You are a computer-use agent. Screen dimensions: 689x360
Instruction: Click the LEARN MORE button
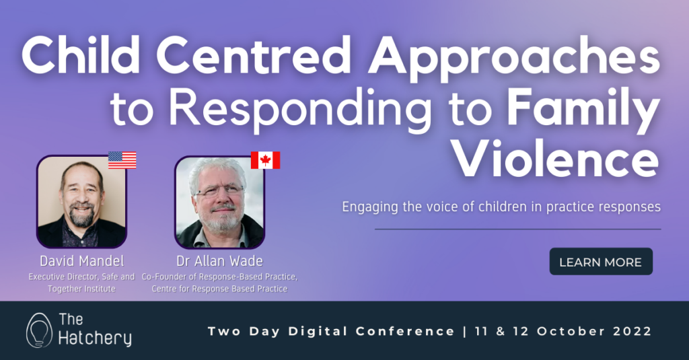tap(601, 262)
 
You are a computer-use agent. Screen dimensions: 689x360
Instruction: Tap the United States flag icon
tap(122, 160)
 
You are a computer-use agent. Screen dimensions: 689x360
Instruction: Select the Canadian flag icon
tap(265, 160)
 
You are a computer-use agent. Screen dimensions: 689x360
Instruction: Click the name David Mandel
tap(81, 261)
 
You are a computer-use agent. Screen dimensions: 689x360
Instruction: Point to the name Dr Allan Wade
tap(219, 261)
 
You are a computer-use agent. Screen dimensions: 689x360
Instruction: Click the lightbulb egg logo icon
tap(38, 330)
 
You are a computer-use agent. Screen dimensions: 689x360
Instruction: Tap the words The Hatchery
tap(95, 330)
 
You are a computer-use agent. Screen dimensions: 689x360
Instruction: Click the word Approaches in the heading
tap(513, 58)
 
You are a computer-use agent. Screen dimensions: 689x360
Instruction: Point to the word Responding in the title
tap(300, 110)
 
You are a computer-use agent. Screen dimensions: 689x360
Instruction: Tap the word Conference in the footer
tap(405, 331)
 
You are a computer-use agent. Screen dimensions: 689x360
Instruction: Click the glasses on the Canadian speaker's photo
tap(219, 191)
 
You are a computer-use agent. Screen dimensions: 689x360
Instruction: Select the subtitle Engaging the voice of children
tap(501, 207)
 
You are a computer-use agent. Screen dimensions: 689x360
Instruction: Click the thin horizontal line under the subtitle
tap(517, 229)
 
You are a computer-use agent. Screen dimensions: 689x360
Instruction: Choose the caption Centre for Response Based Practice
tap(219, 289)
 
